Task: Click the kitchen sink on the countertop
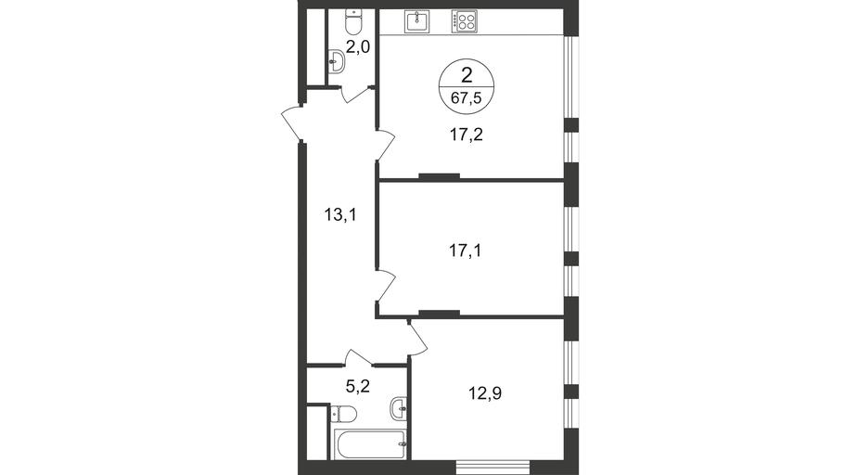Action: (417, 21)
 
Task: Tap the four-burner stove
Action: (464, 21)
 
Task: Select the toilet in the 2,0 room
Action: (353, 22)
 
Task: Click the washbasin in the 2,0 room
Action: (337, 61)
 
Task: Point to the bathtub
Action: (370, 444)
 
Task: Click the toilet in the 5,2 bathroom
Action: (342, 414)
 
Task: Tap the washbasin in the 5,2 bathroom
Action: (399, 407)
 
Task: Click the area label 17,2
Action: (467, 135)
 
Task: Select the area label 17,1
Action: (465, 250)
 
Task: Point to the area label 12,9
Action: (485, 393)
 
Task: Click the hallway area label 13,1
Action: (340, 215)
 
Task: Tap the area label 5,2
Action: (357, 386)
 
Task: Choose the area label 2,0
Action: (357, 47)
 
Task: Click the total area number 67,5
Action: (467, 99)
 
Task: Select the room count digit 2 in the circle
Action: (467, 75)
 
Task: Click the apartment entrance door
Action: (292, 122)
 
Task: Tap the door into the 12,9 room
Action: (417, 338)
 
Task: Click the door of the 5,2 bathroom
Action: (359, 357)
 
